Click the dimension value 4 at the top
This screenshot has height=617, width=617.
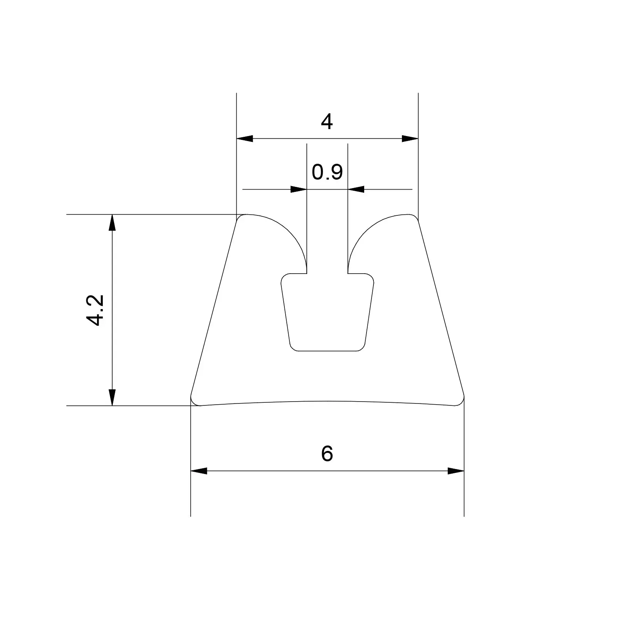pyautogui.click(x=327, y=122)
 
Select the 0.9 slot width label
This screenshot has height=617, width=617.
pyautogui.click(x=327, y=172)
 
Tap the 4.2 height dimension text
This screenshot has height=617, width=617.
pyautogui.click(x=95, y=310)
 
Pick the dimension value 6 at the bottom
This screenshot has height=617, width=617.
pyautogui.click(x=327, y=454)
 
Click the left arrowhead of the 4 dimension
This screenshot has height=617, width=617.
pyautogui.click(x=245, y=138)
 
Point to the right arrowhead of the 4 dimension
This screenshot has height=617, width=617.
pyautogui.click(x=410, y=138)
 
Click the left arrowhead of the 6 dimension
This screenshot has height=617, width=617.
pyautogui.click(x=199, y=471)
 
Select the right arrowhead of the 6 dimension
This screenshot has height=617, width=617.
pyautogui.click(x=456, y=471)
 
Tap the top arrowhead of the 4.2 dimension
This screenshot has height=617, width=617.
pyautogui.click(x=112, y=222)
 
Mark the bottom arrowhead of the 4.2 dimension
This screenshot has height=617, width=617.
pyautogui.click(x=112, y=397)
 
